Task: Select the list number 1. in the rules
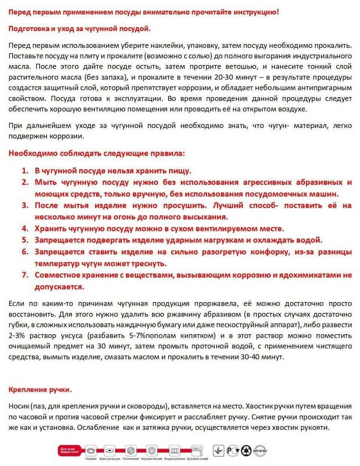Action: pyautogui.click(x=25, y=171)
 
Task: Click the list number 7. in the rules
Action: pyautogui.click(x=25, y=275)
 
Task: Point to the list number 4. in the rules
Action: pyautogui.click(x=25, y=229)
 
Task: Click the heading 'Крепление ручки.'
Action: pyautogui.click(x=40, y=389)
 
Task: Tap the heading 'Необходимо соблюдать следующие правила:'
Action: pyautogui.click(x=96, y=153)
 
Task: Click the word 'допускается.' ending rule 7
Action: pyautogui.click(x=59, y=287)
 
